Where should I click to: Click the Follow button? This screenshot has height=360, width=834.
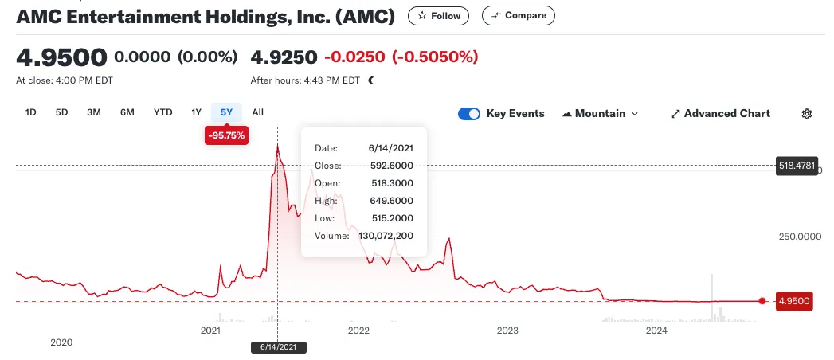438,16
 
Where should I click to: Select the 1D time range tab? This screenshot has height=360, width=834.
31,112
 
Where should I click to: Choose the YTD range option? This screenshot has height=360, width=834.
162,112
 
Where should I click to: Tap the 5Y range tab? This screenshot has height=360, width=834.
226,112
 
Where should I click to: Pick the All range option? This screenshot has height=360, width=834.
257,112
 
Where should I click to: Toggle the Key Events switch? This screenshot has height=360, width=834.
469,114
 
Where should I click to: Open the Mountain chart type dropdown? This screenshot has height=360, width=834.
600,114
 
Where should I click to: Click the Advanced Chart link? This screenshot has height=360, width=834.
721,114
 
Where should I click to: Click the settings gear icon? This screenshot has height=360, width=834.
807,114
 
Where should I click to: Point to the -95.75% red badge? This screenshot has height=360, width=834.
226,135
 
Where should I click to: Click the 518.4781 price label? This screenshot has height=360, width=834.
797,166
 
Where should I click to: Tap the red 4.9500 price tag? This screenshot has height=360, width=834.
794,302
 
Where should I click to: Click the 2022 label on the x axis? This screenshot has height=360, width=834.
358,331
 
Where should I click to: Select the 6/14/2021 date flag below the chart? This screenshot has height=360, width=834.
278,347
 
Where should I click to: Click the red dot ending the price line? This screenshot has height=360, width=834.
762,301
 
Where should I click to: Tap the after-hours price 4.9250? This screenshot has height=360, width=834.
284,57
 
